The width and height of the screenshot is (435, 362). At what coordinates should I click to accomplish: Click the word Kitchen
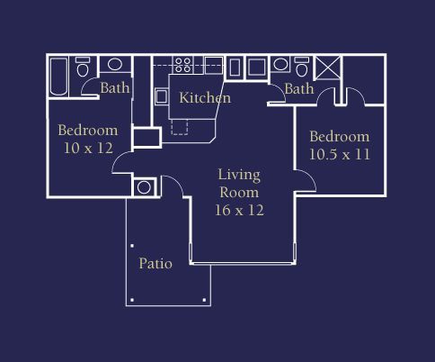tap(205, 98)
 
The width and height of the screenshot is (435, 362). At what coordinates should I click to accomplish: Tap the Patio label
tap(155, 264)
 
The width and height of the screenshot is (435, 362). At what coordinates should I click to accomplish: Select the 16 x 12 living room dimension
tap(239, 210)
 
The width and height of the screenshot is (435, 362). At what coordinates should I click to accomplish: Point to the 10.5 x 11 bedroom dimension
tap(340, 154)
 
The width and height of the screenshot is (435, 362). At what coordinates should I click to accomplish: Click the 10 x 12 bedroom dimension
tap(88, 148)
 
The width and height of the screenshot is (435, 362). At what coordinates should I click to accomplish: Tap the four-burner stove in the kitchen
tap(183, 65)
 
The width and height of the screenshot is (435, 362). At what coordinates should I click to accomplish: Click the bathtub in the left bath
tap(58, 77)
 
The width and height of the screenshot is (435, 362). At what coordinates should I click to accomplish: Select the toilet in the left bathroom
tap(83, 67)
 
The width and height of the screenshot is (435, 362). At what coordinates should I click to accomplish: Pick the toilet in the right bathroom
tap(301, 67)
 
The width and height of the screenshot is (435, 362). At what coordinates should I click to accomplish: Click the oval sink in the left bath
tap(115, 64)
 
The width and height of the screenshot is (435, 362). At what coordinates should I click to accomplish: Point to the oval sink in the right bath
tap(280, 64)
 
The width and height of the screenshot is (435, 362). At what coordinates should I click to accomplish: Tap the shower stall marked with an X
tap(328, 68)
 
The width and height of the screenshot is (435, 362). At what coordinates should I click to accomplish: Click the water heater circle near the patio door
tap(144, 187)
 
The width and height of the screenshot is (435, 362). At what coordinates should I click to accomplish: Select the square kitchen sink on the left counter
tap(162, 96)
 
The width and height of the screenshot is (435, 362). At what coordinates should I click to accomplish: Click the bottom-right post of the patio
tap(204, 300)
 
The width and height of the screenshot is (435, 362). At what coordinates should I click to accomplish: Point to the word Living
tap(239, 176)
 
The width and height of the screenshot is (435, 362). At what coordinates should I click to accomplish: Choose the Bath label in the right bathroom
tap(299, 89)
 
